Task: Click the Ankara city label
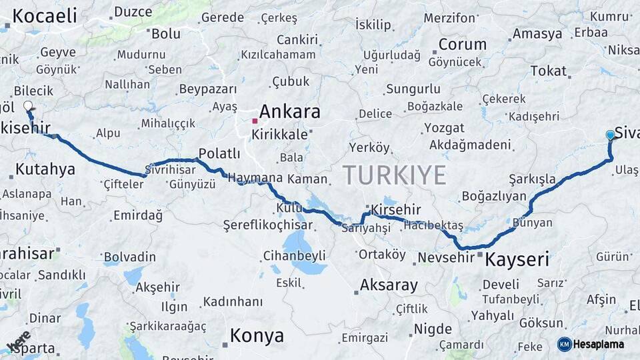click(289, 111)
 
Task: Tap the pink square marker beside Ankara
click(255, 121)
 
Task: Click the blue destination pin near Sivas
click(610, 135)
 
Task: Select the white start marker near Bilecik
click(28, 105)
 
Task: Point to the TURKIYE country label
click(394, 175)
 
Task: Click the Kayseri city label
click(517, 259)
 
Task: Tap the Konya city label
click(257, 335)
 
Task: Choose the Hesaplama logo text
click(599, 344)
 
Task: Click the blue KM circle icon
click(564, 344)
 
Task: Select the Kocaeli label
click(45, 16)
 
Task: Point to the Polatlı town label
click(219, 153)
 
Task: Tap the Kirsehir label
click(396, 210)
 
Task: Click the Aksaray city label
click(389, 285)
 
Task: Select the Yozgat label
click(444, 128)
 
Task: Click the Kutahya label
click(45, 169)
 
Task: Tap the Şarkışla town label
click(532, 179)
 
